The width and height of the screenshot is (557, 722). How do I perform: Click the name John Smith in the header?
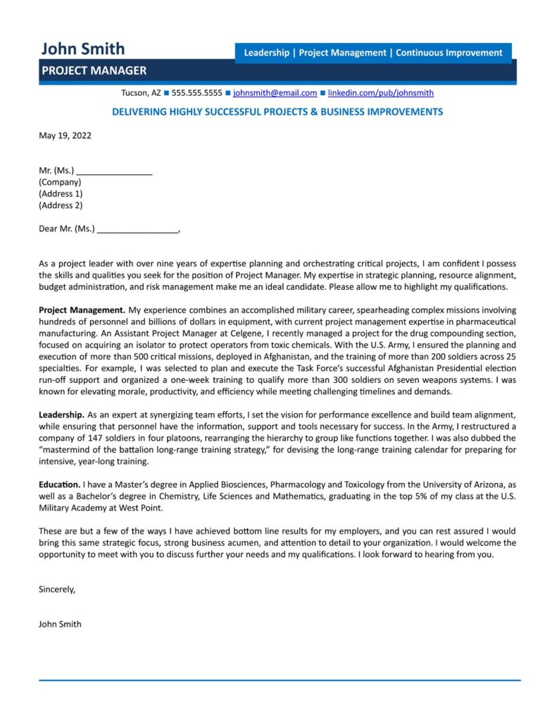[x=82, y=49]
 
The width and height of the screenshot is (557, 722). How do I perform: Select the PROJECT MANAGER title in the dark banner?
[x=94, y=71]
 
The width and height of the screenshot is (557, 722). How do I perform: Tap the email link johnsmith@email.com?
[x=275, y=93]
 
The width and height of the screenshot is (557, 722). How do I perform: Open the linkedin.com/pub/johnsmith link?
[x=380, y=93]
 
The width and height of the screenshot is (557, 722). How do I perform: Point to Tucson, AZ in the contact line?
[x=141, y=93]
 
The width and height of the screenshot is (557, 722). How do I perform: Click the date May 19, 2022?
[x=65, y=135]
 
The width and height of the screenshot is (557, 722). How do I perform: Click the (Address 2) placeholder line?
[x=61, y=205]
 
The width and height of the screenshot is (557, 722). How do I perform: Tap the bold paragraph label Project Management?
[x=82, y=310]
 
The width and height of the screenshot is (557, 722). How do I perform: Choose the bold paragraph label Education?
[x=59, y=485]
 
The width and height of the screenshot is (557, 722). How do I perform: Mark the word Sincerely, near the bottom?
[x=56, y=589]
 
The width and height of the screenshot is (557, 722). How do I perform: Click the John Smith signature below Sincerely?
[x=60, y=624]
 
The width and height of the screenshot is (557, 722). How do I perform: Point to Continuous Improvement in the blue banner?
[x=449, y=53]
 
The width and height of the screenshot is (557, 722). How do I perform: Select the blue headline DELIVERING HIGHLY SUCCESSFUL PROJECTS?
[x=277, y=112]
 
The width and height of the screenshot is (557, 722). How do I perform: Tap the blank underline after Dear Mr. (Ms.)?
[x=137, y=229]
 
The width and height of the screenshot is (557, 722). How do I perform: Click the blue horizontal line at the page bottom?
[x=279, y=680]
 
